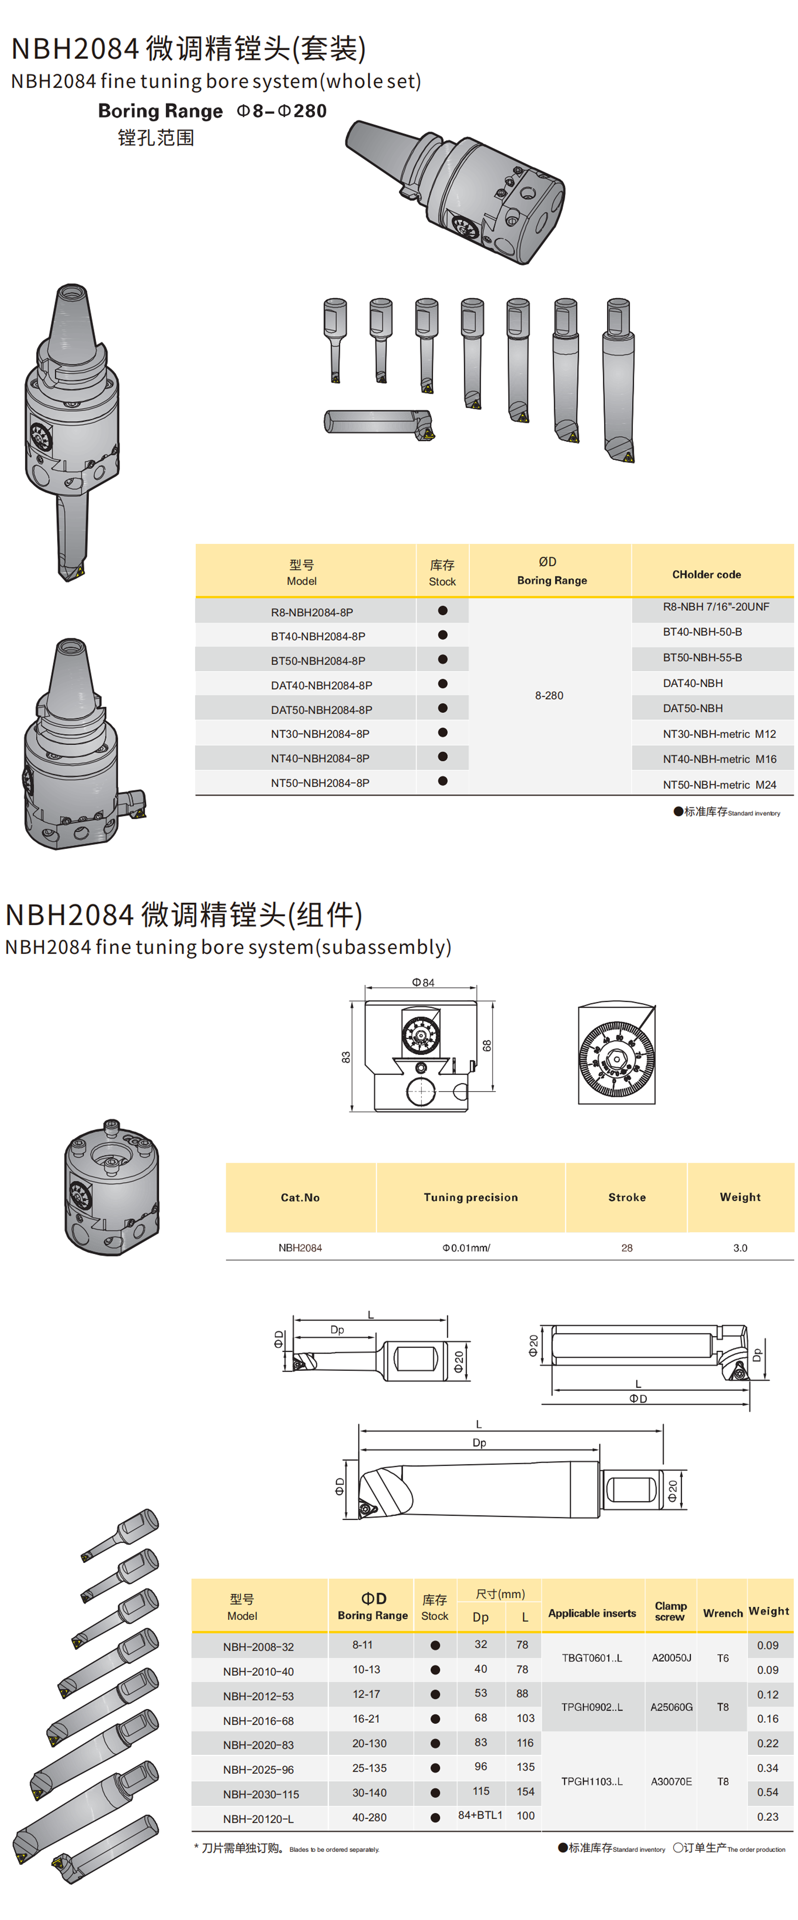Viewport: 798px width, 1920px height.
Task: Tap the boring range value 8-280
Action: pyautogui.click(x=549, y=695)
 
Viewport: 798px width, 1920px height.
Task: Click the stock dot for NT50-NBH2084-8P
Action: pyautogui.click(x=442, y=781)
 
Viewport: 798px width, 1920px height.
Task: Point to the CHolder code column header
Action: pyautogui.click(x=706, y=575)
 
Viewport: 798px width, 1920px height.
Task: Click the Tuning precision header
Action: pyautogui.click(x=470, y=1197)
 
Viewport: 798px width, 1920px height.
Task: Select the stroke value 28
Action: pyautogui.click(x=626, y=1248)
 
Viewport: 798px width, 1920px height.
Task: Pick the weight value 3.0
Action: pyautogui.click(x=740, y=1248)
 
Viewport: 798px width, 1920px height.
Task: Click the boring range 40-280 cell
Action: pyautogui.click(x=369, y=1817)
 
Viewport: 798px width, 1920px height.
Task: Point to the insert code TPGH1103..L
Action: pyautogui.click(x=591, y=1781)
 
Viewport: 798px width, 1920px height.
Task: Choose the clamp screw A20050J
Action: pyautogui.click(x=671, y=1657)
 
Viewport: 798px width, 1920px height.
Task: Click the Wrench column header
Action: pyautogui.click(x=723, y=1613)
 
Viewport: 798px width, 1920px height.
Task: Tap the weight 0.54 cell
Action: pyautogui.click(x=767, y=1792)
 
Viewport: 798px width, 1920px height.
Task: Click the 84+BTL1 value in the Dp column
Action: pyautogui.click(x=480, y=1815)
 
